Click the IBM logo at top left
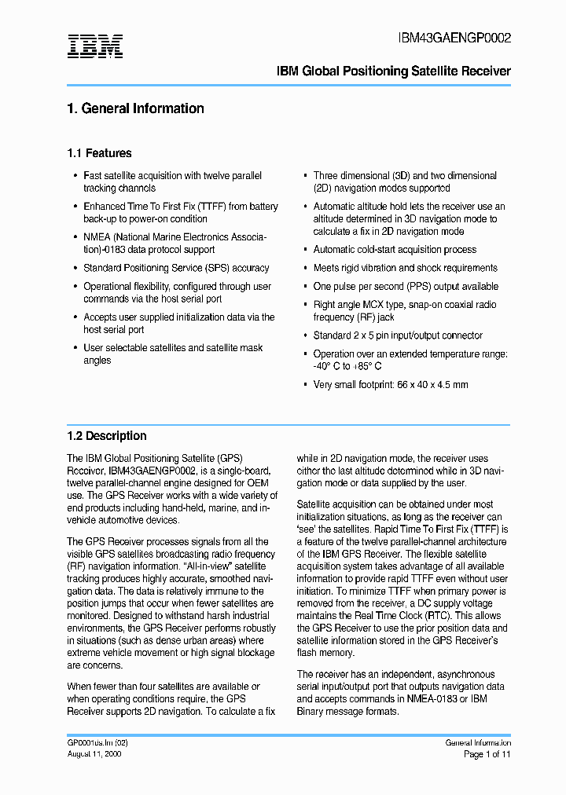tap(95, 46)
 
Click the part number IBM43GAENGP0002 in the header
tap(454, 38)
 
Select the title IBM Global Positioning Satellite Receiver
tap(394, 71)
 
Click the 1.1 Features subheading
tap(99, 153)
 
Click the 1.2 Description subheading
tap(106, 436)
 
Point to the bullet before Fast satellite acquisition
tap(75, 176)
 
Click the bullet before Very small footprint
tap(304, 385)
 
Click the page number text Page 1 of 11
tap(487, 754)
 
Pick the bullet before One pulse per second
tap(304, 287)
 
